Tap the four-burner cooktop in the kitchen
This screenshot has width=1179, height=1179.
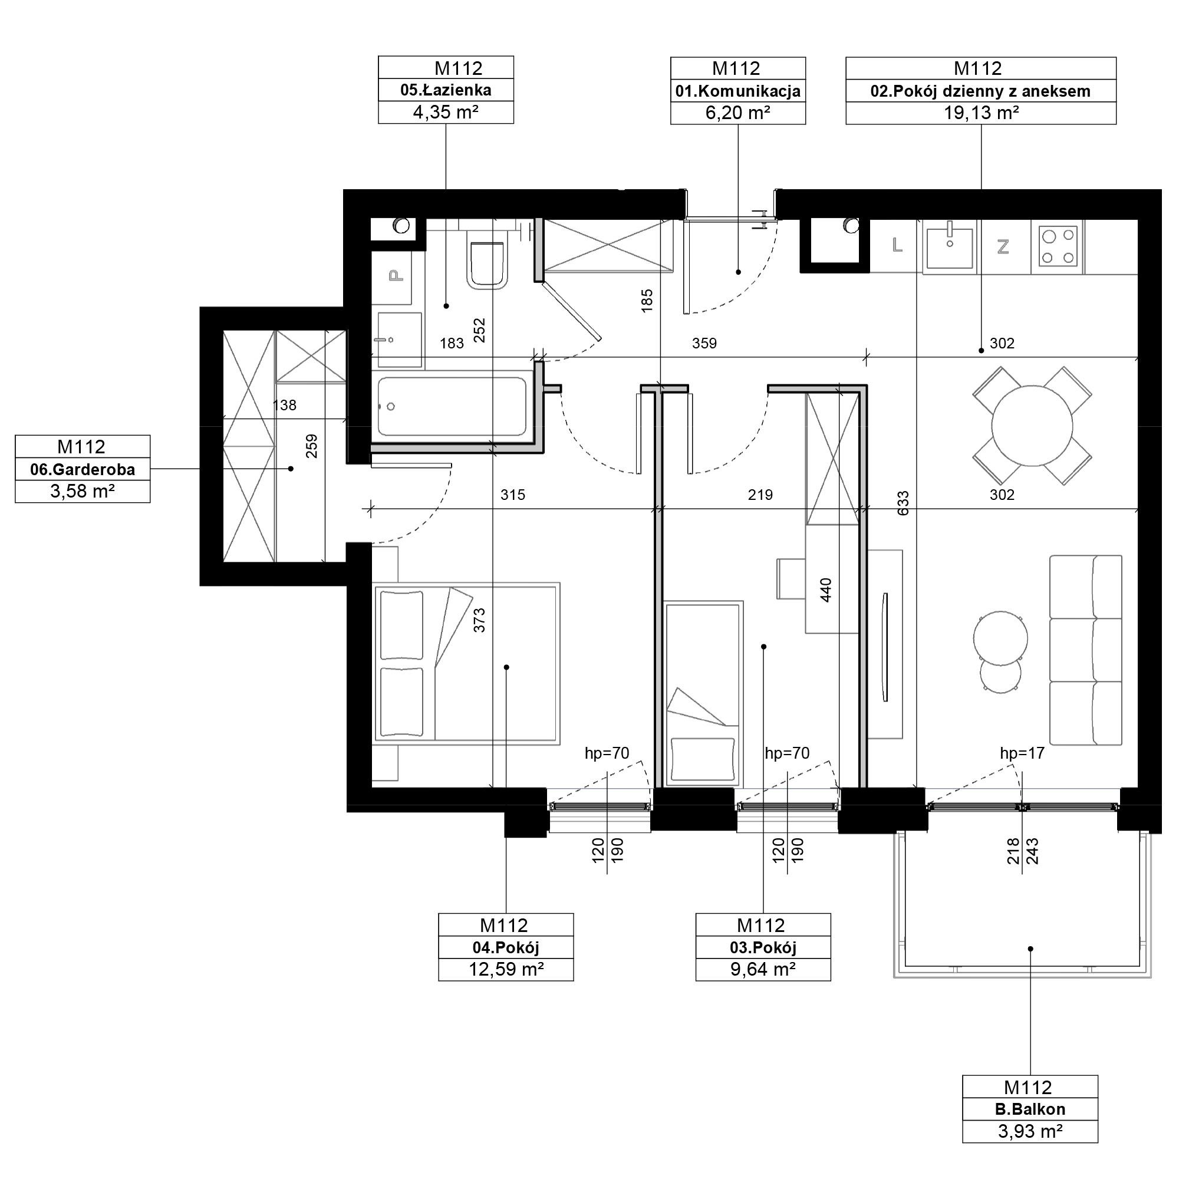(1058, 246)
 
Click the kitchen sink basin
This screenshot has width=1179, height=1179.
(950, 248)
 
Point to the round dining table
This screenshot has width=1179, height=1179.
(1032, 426)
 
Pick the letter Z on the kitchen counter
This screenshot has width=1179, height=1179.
(1003, 246)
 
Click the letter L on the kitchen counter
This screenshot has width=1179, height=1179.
(897, 245)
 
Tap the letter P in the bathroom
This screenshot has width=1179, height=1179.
(397, 276)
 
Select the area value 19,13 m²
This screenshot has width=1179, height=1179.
(982, 113)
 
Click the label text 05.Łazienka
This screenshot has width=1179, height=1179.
(446, 90)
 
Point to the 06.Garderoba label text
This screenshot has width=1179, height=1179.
(83, 470)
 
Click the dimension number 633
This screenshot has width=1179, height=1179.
(903, 503)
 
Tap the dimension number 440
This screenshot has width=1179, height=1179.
(826, 590)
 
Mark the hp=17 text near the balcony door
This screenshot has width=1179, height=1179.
(1022, 753)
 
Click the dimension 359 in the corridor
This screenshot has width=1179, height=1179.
(704, 343)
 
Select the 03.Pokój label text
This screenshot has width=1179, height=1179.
(763, 948)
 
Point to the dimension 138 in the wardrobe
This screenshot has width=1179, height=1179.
(284, 405)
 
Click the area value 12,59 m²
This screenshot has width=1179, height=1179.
(506, 969)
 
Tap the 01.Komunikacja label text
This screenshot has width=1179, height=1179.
(738, 91)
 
